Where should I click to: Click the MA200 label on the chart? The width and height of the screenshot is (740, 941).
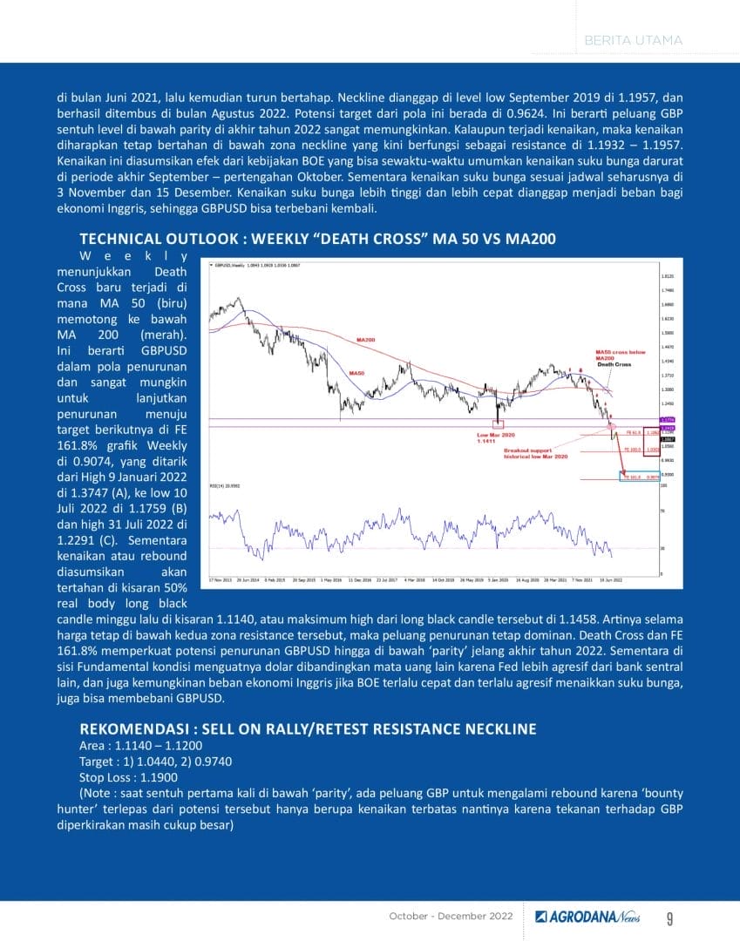point(365,339)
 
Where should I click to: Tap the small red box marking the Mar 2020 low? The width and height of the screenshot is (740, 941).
point(498,423)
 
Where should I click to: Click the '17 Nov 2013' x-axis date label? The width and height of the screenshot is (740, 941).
point(220,579)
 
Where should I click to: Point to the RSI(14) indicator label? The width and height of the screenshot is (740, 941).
point(224,485)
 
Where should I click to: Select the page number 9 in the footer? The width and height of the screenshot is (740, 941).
point(669,917)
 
